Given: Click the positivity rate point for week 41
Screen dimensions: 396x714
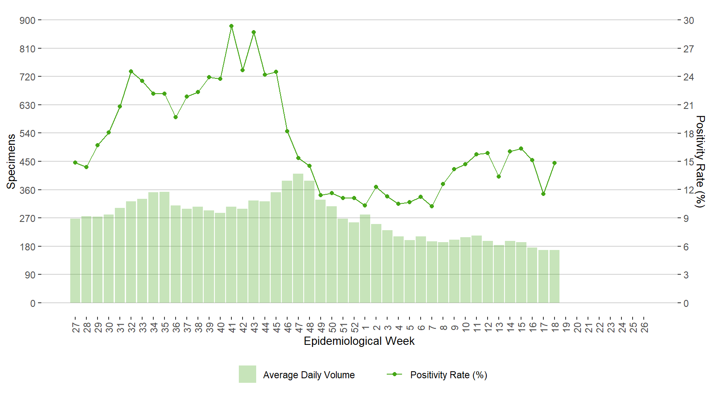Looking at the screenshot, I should click(231, 26).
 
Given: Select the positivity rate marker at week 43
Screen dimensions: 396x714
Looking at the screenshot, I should click(254, 32).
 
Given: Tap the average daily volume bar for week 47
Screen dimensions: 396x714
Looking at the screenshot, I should click(298, 238).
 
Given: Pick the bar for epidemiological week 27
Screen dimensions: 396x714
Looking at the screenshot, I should click(75, 261).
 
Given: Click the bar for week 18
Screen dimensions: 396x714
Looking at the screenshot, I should click(555, 276).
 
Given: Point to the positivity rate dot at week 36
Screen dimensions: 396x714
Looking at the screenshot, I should click(176, 117).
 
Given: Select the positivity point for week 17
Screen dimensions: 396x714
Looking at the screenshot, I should click(543, 194).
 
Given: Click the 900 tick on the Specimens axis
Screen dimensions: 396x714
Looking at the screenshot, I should click(28, 20).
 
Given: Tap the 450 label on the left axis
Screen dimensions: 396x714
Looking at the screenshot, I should click(28, 162).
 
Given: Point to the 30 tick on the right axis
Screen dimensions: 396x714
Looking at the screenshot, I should click(688, 20).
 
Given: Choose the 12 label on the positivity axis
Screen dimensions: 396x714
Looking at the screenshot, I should click(688, 190).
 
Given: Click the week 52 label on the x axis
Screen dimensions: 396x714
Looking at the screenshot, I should click(355, 328).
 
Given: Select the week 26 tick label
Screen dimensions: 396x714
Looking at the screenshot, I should click(645, 328).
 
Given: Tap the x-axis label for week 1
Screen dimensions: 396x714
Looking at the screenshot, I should click(365, 328).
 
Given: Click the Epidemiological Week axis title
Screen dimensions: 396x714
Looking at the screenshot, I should click(359, 341).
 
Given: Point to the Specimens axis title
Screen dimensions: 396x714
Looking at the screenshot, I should click(11, 161).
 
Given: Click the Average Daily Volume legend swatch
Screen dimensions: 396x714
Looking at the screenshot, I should click(247, 375).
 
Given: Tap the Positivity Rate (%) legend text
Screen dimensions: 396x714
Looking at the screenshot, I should click(449, 375).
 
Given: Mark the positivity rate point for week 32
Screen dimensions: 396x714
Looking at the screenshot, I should click(131, 71).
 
